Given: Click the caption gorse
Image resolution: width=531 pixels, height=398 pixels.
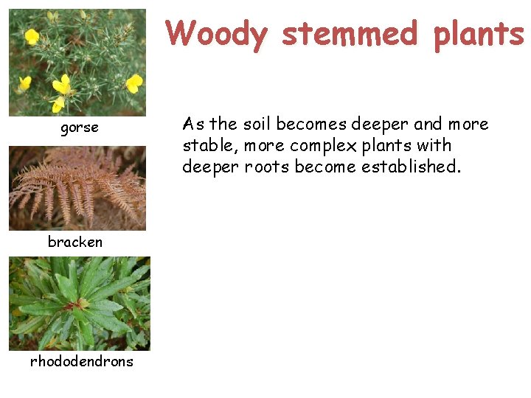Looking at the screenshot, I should tap(79, 128).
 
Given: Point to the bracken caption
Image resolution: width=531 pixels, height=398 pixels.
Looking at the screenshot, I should tap(75, 242).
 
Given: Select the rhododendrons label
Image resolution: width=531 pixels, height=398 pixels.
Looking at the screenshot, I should tap(81, 361).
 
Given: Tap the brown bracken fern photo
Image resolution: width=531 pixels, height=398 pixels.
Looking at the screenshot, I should tap(77, 188).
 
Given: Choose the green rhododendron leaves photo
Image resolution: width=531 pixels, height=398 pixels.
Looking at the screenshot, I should tap(79, 303).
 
